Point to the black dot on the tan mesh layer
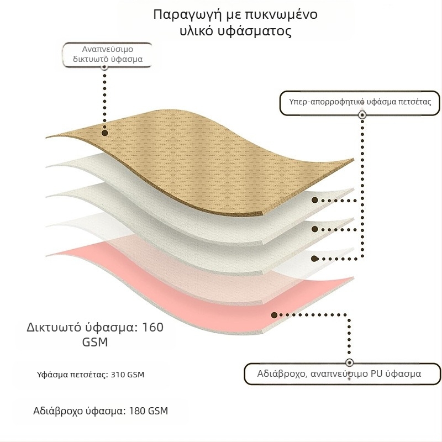pos(105,133)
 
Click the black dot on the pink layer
pos(273,315)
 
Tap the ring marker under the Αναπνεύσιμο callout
pos(105,66)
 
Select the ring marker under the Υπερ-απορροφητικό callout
pos(362,115)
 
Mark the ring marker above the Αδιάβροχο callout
pos(349,362)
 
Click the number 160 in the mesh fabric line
pos(152,327)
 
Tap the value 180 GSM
pos(149,411)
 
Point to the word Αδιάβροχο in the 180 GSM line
pos(56,411)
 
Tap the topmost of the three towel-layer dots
pos(314,201)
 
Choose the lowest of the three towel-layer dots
pos(314,258)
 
